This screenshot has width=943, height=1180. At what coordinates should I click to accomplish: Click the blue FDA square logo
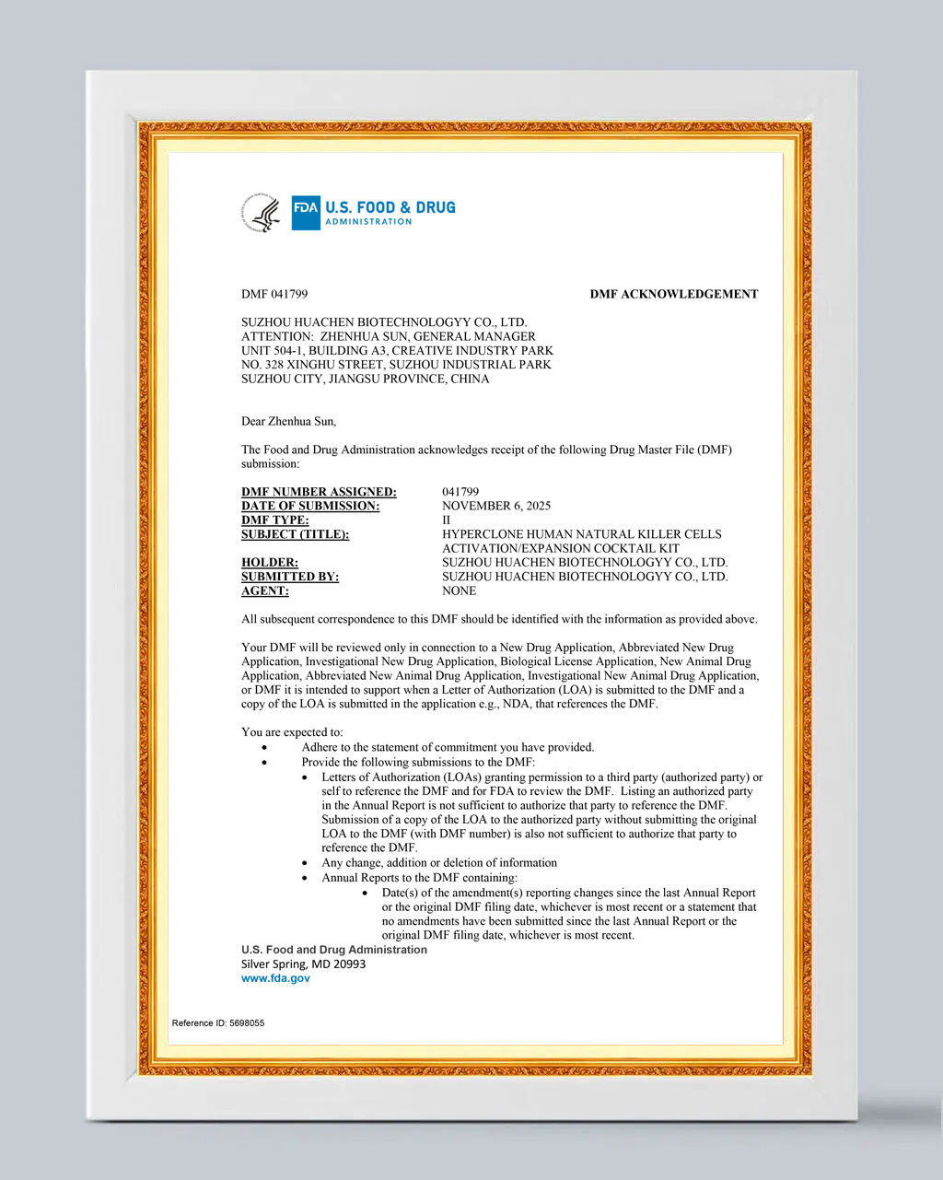[306, 213]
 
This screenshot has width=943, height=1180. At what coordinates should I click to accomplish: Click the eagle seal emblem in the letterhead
[262, 213]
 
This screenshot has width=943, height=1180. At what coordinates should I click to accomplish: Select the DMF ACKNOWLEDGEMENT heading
[673, 295]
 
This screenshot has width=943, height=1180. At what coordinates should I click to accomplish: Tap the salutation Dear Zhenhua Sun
[288, 422]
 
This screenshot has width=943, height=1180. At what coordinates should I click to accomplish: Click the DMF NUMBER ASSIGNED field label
[319, 492]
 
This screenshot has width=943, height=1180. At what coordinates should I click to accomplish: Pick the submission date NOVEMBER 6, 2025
[495, 506]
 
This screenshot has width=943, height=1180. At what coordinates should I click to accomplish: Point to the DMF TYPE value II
[447, 520]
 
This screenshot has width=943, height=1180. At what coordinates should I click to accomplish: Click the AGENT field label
[265, 591]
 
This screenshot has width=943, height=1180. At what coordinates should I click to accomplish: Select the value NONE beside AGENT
[459, 591]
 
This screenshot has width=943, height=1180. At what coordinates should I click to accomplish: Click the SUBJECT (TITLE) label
[295, 534]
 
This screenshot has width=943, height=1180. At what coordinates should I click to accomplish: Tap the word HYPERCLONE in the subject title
[480, 534]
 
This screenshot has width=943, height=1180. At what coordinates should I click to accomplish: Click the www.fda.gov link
[275, 978]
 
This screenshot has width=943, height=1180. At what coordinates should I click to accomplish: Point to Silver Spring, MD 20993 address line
[303, 964]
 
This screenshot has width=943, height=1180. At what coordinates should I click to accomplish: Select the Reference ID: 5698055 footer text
[218, 1023]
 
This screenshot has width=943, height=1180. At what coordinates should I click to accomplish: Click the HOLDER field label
[269, 563]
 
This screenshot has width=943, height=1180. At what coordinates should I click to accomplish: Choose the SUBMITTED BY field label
[290, 577]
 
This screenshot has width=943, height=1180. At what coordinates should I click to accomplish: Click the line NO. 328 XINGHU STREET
[396, 365]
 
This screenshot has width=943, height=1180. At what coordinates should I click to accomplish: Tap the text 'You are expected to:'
[292, 732]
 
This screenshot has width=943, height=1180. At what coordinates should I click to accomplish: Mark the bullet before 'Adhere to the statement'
[264, 748]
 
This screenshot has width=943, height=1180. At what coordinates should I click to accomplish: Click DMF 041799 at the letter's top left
[274, 295]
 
